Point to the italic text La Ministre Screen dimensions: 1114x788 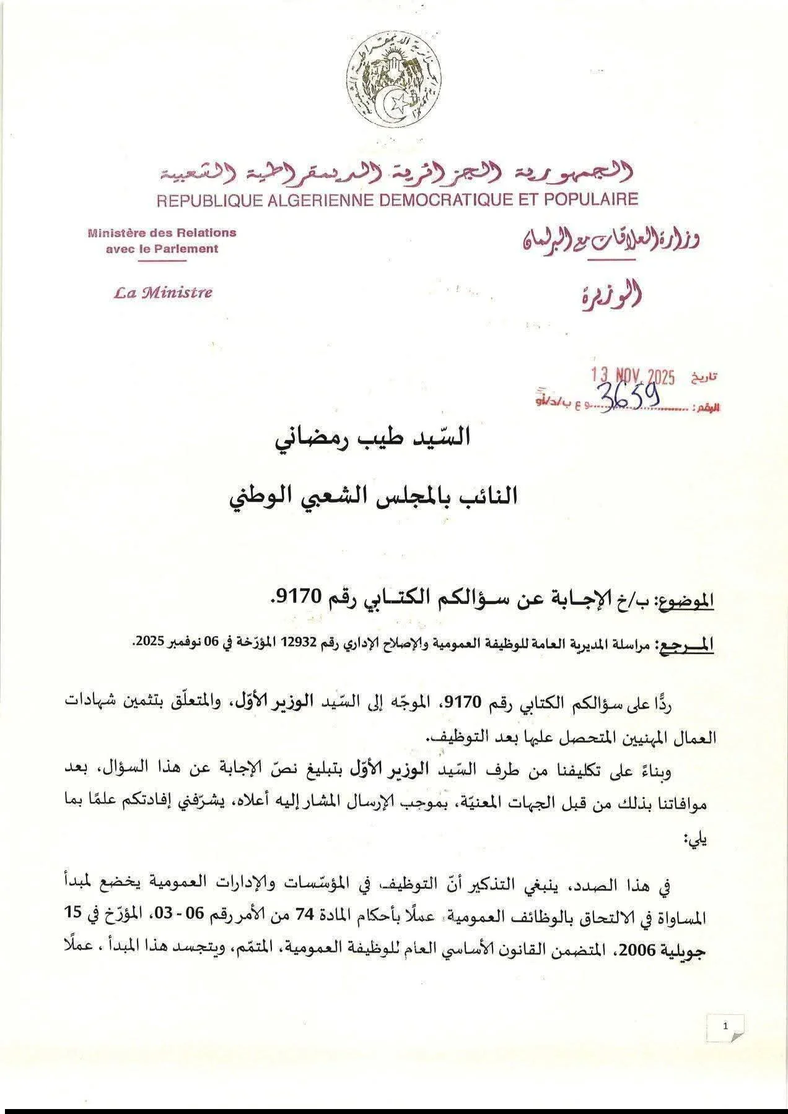tap(163, 293)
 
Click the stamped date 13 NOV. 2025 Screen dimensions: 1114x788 tap(632, 376)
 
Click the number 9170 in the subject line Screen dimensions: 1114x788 tap(299, 598)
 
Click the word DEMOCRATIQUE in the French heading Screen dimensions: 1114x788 tap(429, 199)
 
